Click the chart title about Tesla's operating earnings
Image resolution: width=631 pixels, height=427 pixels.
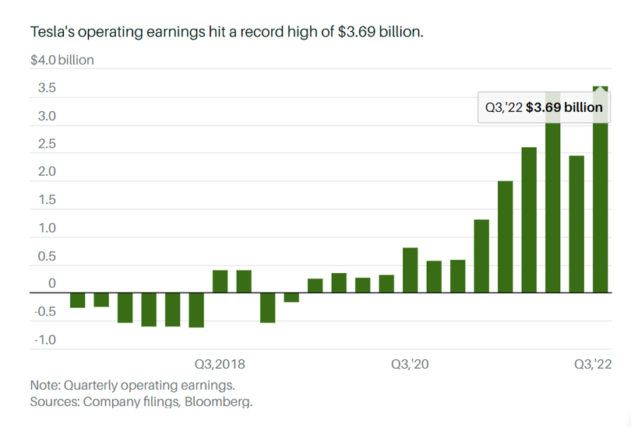pyautogui.click(x=226, y=33)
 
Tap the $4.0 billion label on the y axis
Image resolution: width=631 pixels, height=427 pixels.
pyautogui.click(x=62, y=60)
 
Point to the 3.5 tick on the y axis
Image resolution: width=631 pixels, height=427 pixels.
pyautogui.click(x=45, y=88)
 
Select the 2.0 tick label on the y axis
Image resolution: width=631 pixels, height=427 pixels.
pyautogui.click(x=45, y=172)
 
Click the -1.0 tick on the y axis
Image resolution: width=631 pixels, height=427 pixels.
pyautogui.click(x=44, y=340)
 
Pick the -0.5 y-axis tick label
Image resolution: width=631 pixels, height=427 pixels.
pyautogui.click(x=44, y=312)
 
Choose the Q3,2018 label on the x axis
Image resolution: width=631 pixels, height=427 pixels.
pyautogui.click(x=220, y=363)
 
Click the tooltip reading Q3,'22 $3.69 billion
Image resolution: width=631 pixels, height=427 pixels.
pyautogui.click(x=544, y=107)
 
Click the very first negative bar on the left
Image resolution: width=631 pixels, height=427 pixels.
pyautogui.click(x=77, y=300)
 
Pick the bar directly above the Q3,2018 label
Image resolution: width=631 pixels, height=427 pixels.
pyautogui.click(x=220, y=282)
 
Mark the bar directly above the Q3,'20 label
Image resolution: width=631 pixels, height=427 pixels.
pyautogui.click(x=411, y=270)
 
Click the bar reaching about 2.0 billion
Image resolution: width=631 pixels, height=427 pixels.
pyautogui.click(x=505, y=236)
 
